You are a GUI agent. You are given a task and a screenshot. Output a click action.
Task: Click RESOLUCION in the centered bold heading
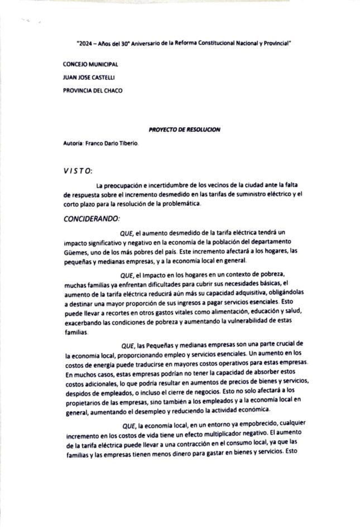pyautogui.click(x=201, y=129)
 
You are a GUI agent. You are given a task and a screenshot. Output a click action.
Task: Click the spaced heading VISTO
pyautogui.click(x=79, y=170)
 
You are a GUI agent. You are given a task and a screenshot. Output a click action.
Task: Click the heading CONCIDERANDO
pyautogui.click(x=92, y=219)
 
